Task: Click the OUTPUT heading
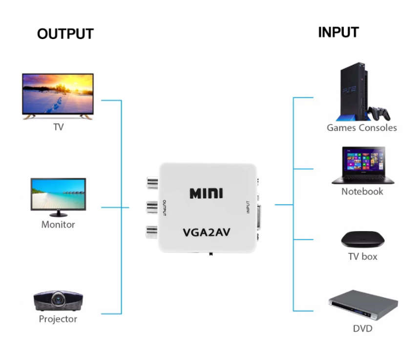pyautogui.click(x=65, y=34)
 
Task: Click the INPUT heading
pyautogui.click(x=338, y=32)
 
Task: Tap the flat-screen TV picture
pyautogui.click(x=58, y=96)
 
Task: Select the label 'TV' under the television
pyautogui.click(x=58, y=127)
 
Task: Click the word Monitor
pyautogui.click(x=58, y=225)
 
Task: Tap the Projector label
pyautogui.click(x=58, y=319)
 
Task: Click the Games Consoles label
pyautogui.click(x=361, y=128)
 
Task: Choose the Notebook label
pyautogui.click(x=362, y=191)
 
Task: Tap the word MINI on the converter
pyautogui.click(x=206, y=192)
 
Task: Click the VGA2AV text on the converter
pyautogui.click(x=207, y=232)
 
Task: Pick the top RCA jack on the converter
pyautogui.click(x=150, y=184)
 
